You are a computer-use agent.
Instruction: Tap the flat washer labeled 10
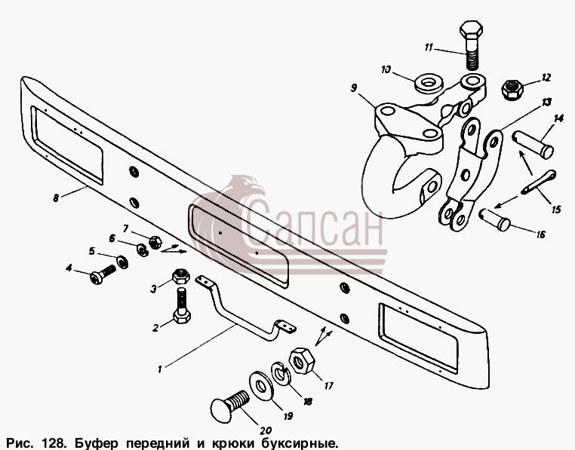tap(428, 84)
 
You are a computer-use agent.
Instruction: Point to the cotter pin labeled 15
tap(539, 182)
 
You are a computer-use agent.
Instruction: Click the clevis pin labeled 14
tap(533, 145)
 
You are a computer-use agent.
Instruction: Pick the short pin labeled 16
tap(495, 219)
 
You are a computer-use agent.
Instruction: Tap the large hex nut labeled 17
tap(302, 360)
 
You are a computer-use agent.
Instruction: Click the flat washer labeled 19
tap(261, 386)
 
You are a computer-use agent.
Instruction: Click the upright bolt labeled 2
tap(182, 305)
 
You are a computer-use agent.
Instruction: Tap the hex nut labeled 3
tap(180, 276)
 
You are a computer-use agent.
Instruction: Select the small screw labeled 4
tap(103, 274)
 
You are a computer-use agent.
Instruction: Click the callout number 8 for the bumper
tap(56, 198)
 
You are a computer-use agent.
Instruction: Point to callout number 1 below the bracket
tap(160, 369)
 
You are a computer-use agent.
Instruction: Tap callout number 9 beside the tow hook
tap(353, 88)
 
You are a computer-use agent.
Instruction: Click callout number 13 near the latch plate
tap(546, 102)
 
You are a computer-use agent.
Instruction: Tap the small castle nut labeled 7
tap(155, 242)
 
